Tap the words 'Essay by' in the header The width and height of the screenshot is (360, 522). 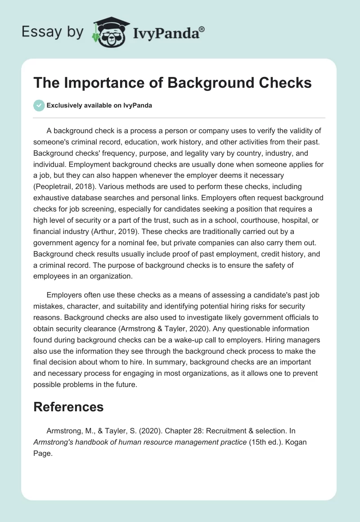pos(52,32)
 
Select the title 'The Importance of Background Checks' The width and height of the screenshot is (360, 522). pos(173,83)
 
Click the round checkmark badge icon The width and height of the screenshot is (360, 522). pos(39,105)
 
